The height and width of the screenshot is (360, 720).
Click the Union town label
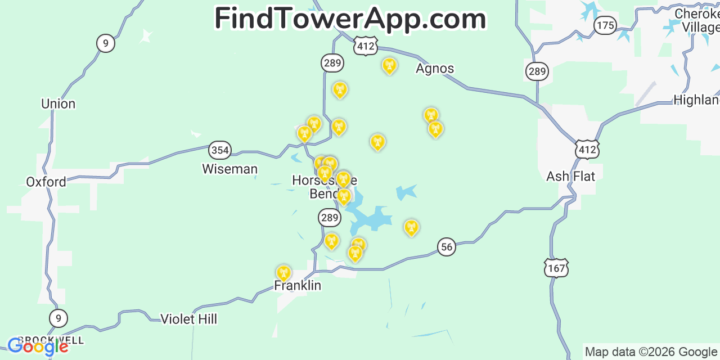(x=58, y=104)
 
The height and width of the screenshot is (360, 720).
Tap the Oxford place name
(x=46, y=182)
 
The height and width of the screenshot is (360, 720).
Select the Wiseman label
(x=229, y=169)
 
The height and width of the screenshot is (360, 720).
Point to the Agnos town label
(x=435, y=69)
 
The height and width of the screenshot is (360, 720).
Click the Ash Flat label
(x=570, y=177)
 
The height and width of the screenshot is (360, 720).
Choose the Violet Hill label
(x=189, y=319)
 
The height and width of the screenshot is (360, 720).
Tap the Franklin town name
(x=298, y=286)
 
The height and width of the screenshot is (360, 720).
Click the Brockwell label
(x=51, y=340)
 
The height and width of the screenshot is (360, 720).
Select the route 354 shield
(x=219, y=150)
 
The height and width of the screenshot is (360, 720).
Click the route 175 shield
(x=605, y=25)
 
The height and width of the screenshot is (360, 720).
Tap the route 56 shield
(x=447, y=246)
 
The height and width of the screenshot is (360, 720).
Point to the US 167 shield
(x=556, y=268)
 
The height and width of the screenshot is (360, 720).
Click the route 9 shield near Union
(x=106, y=43)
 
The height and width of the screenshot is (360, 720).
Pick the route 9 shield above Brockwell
(x=58, y=318)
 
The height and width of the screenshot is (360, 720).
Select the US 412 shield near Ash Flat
(x=587, y=149)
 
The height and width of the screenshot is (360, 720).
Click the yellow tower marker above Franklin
(x=283, y=273)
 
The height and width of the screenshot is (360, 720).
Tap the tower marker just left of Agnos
(x=389, y=66)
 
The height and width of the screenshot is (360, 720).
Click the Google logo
(x=38, y=346)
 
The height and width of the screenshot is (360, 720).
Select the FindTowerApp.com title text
(x=350, y=19)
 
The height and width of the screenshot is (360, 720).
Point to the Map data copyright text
(x=651, y=352)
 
